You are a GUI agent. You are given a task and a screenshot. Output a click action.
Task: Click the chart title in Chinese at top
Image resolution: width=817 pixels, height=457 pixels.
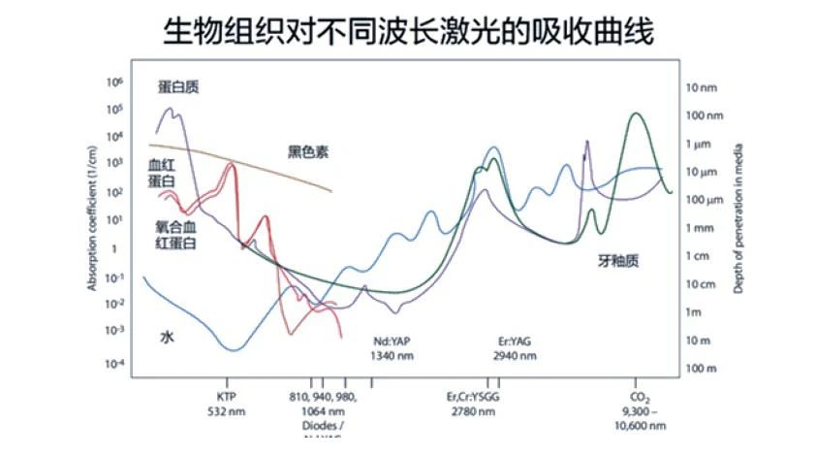point(407,31)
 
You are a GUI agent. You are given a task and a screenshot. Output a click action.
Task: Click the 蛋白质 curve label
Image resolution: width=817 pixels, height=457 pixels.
point(179,87)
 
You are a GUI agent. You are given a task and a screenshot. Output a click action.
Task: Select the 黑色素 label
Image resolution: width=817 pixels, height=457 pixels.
point(308,151)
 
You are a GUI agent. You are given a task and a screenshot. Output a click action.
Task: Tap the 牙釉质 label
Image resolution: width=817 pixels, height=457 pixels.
point(618,260)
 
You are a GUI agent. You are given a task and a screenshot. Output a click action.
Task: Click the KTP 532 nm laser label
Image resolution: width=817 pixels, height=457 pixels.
point(229,403)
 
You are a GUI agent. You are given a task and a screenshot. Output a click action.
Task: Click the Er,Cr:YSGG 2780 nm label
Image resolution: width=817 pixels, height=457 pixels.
point(472,404)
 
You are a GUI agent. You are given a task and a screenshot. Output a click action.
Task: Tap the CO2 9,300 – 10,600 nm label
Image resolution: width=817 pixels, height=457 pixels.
point(639,409)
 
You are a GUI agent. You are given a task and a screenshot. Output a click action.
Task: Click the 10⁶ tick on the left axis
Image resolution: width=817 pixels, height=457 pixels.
point(113,83)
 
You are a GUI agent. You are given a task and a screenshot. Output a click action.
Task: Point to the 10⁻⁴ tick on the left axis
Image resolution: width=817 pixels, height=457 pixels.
point(113,363)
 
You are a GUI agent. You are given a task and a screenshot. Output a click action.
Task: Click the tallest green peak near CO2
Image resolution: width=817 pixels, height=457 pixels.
point(636,114)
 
